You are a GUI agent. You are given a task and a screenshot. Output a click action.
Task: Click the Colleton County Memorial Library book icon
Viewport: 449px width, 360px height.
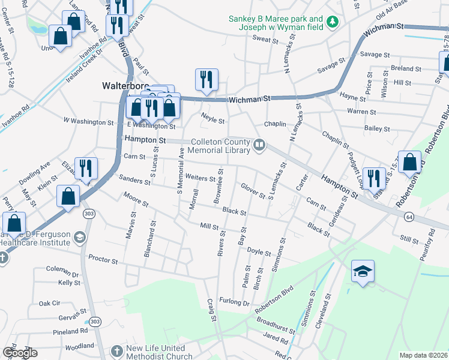coord(260,144)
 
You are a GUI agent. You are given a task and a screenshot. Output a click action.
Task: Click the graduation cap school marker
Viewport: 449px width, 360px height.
coord(362,272)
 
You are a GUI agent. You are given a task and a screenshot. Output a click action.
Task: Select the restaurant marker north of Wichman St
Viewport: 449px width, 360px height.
coord(206,80)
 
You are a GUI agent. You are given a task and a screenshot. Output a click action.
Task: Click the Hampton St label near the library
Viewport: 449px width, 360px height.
coord(145,139)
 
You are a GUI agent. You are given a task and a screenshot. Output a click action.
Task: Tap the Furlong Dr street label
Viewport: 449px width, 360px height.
coord(234,301)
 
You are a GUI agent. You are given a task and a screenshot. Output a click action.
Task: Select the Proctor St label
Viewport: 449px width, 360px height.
coord(103,261)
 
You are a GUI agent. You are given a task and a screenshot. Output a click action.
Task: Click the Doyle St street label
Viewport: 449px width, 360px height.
coord(260,253)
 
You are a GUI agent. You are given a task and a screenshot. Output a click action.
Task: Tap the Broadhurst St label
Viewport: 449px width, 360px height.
coord(275,325)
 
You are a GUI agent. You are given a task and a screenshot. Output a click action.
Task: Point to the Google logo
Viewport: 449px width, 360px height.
coord(20,353)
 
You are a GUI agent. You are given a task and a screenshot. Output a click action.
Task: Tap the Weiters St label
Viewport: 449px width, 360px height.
coord(200,178)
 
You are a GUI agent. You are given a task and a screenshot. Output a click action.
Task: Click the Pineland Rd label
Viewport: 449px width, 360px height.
coord(70,331)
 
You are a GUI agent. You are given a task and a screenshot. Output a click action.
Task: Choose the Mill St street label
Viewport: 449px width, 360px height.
coord(209,226)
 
